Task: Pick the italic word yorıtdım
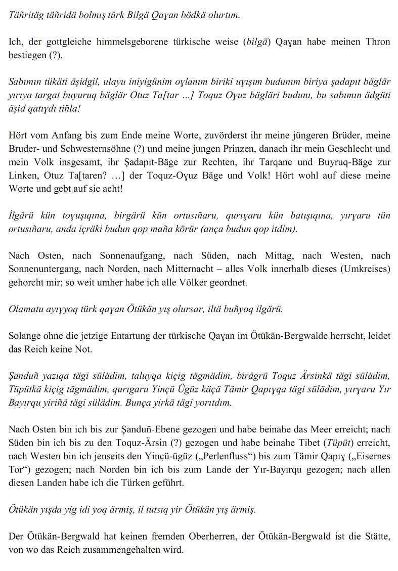coord(209,403)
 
